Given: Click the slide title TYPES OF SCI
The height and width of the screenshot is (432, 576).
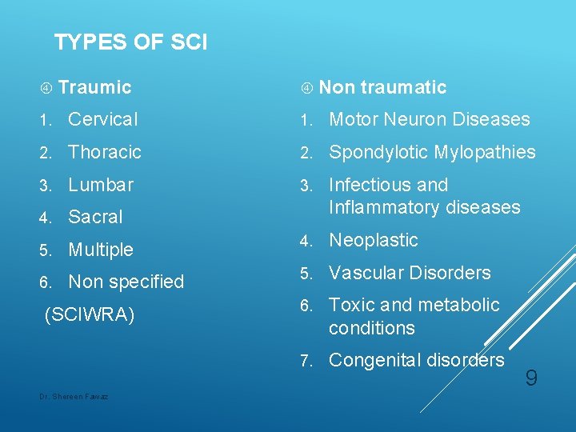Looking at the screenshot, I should click(x=130, y=42).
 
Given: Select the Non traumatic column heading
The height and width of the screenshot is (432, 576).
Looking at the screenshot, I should click(x=382, y=87).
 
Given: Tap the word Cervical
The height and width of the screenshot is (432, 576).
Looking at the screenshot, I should click(x=103, y=119).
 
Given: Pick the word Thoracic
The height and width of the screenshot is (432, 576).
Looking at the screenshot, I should click(x=105, y=152).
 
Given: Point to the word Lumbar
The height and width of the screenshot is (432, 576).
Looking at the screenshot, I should click(x=101, y=185).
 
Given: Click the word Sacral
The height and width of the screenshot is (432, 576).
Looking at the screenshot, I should click(x=96, y=217).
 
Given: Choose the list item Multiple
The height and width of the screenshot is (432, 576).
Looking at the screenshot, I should click(x=101, y=250).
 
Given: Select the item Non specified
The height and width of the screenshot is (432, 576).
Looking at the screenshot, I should click(x=126, y=282).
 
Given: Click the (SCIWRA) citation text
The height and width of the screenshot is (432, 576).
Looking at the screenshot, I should click(x=90, y=315).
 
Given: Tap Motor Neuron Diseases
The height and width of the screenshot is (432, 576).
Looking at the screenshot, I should click(x=430, y=119).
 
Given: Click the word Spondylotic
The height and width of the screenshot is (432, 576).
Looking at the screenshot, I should click(x=379, y=152).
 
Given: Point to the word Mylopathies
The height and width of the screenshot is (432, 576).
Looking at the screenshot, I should click(x=485, y=152).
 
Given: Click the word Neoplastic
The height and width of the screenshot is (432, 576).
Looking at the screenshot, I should click(x=374, y=240).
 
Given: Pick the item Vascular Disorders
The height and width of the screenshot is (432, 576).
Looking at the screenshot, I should click(x=410, y=273).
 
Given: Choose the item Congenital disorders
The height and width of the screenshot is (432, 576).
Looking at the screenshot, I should click(x=416, y=360).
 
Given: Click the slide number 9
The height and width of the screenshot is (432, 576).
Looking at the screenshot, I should click(x=530, y=378).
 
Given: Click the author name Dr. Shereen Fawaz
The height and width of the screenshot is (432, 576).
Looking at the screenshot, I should click(x=74, y=397).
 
